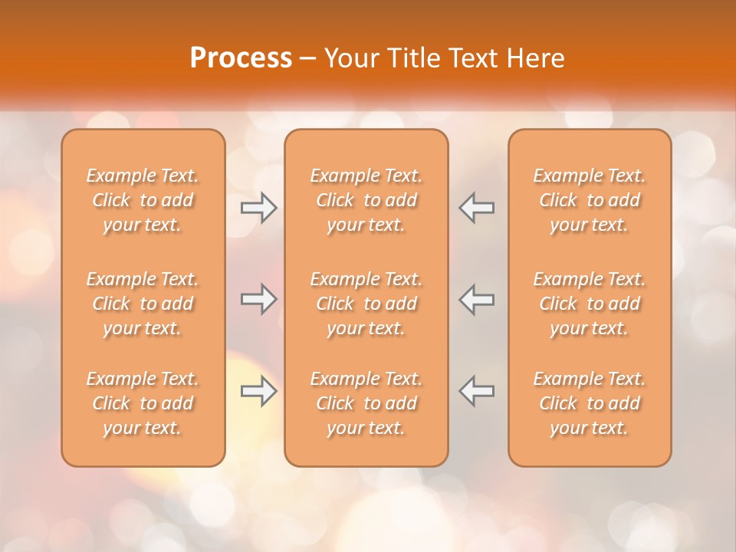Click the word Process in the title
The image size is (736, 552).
[241, 58]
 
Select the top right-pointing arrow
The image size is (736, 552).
[259, 208]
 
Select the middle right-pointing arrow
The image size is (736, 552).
[259, 299]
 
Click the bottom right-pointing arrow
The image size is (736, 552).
[259, 391]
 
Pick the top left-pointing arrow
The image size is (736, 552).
[476, 208]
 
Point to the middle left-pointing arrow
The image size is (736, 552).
[476, 299]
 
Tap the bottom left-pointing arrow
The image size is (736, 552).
[476, 391]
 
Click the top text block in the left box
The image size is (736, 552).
[143, 200]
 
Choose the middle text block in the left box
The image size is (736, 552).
[143, 304]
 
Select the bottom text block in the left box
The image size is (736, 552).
[143, 403]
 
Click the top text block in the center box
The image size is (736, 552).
[366, 200]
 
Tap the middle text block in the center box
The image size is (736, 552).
[366, 304]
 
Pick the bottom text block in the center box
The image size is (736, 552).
[366, 403]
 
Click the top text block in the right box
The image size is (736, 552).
[590, 200]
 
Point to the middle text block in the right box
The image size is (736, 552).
[590, 304]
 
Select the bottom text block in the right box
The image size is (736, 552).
[590, 403]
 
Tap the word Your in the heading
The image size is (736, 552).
[350, 58]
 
